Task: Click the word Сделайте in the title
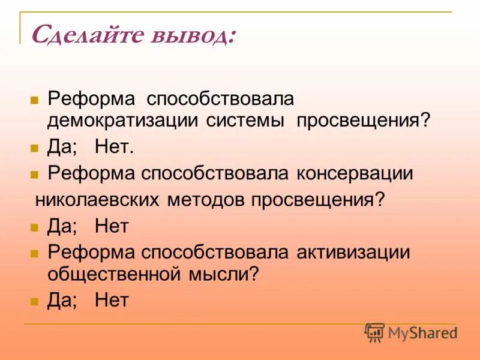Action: [x=82, y=35]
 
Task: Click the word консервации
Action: [x=355, y=174]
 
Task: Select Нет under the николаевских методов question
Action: [x=112, y=226]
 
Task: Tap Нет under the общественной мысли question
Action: [x=112, y=300]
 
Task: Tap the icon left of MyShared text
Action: [x=374, y=332]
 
